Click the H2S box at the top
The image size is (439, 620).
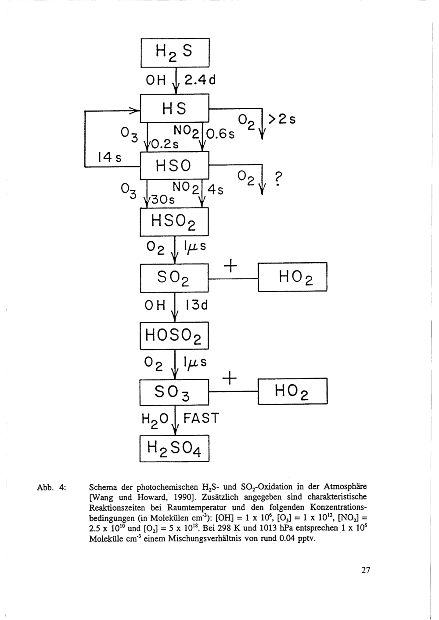tap(175, 53)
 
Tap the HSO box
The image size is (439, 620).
tap(175, 165)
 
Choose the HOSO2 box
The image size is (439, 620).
tap(175, 335)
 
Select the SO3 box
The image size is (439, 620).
tap(174, 392)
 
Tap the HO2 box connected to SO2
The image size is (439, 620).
tap(293, 277)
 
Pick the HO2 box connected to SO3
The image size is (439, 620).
tap(293, 391)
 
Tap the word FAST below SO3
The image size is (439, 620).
tap(201, 418)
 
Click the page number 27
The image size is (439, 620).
tap(366, 570)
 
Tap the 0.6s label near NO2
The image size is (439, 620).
tap(222, 135)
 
